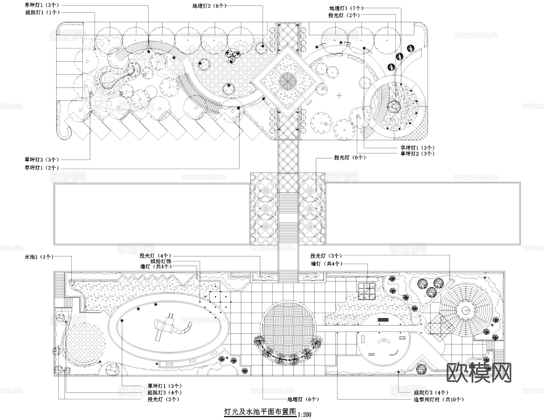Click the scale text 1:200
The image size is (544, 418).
point(304,414)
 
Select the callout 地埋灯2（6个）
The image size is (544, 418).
point(209,6)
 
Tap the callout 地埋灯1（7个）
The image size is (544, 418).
point(346,8)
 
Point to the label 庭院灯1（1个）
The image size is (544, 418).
point(42,12)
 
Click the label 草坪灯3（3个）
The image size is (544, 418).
point(42,159)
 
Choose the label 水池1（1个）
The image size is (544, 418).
point(39,257)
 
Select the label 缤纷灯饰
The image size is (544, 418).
point(161,261)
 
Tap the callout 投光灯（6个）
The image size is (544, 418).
point(350,158)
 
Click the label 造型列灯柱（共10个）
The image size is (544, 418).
point(439,399)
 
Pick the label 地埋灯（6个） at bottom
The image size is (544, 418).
point(303,399)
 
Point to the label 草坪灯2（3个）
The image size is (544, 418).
point(417,153)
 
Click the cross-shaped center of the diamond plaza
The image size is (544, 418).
point(286,81)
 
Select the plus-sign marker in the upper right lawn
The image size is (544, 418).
point(339,96)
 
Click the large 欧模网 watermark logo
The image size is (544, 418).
point(479,373)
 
